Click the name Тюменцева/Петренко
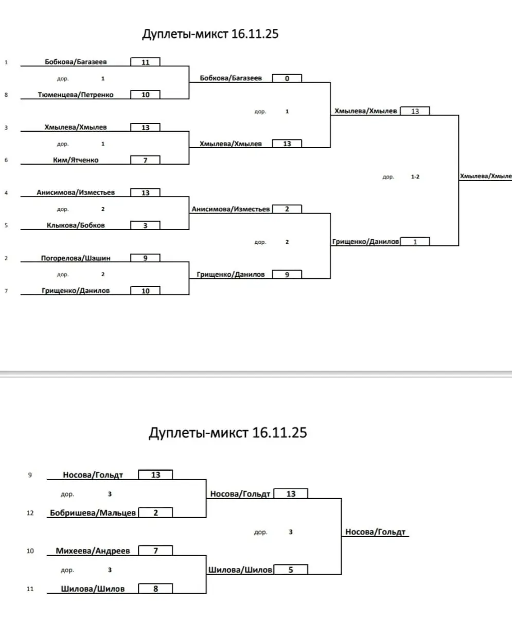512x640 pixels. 76,95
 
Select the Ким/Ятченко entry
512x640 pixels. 76,160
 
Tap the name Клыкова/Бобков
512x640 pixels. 76,225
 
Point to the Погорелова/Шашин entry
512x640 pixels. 76,258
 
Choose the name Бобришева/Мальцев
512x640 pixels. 93,513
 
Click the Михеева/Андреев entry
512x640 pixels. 93,551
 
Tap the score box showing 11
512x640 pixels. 145,62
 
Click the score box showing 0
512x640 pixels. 287,79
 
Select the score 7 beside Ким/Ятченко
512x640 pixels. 145,160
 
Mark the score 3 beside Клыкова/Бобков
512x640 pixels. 145,225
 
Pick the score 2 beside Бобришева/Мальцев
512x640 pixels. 155,513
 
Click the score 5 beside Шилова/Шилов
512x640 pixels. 291,570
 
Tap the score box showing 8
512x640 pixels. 155,589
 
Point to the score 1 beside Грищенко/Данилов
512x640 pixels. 415,242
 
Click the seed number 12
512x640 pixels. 30,513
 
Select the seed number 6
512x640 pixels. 6,160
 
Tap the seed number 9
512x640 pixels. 30,475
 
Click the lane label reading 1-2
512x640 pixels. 415,176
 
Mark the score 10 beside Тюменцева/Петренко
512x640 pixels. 145,95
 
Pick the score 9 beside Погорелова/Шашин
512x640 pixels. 145,258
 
